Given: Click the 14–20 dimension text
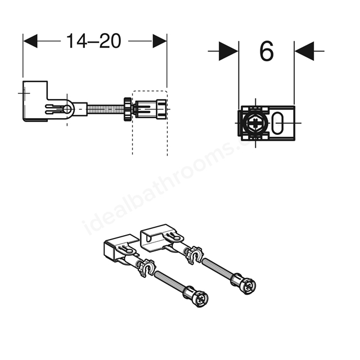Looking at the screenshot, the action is [93, 41].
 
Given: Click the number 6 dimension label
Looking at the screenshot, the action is [267, 51].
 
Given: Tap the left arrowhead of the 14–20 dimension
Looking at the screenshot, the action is [30, 41].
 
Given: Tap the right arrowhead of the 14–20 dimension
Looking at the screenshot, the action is [160, 41].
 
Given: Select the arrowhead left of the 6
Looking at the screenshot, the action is [229, 51].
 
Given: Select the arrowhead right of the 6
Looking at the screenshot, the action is [304, 51].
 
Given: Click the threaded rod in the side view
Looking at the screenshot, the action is [106, 109].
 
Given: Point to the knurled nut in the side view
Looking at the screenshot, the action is [128, 109].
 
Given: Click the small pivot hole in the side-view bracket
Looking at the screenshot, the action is [67, 109].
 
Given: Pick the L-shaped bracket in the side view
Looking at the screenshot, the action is [35, 101].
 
